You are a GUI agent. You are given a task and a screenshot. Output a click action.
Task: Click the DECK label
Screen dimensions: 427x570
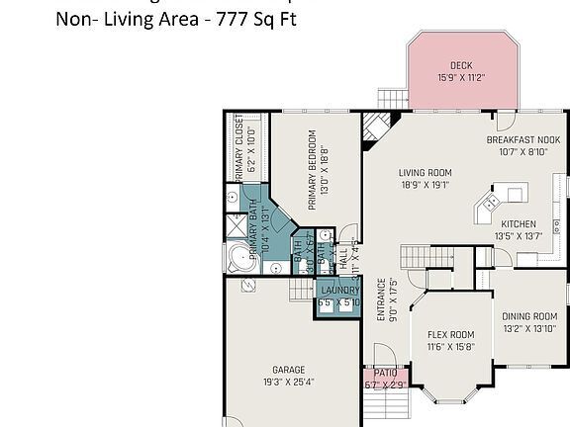click(460, 65)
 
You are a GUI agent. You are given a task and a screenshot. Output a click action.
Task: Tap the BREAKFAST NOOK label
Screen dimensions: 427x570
click(522, 140)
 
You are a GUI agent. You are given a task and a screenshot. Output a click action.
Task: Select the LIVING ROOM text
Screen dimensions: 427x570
click(425, 172)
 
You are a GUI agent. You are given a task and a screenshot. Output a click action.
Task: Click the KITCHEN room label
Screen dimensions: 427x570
click(519, 223)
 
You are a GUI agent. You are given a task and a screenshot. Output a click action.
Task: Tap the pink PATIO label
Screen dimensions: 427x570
click(385, 374)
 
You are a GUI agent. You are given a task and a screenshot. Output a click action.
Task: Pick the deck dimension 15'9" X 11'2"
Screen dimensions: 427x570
click(460, 78)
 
